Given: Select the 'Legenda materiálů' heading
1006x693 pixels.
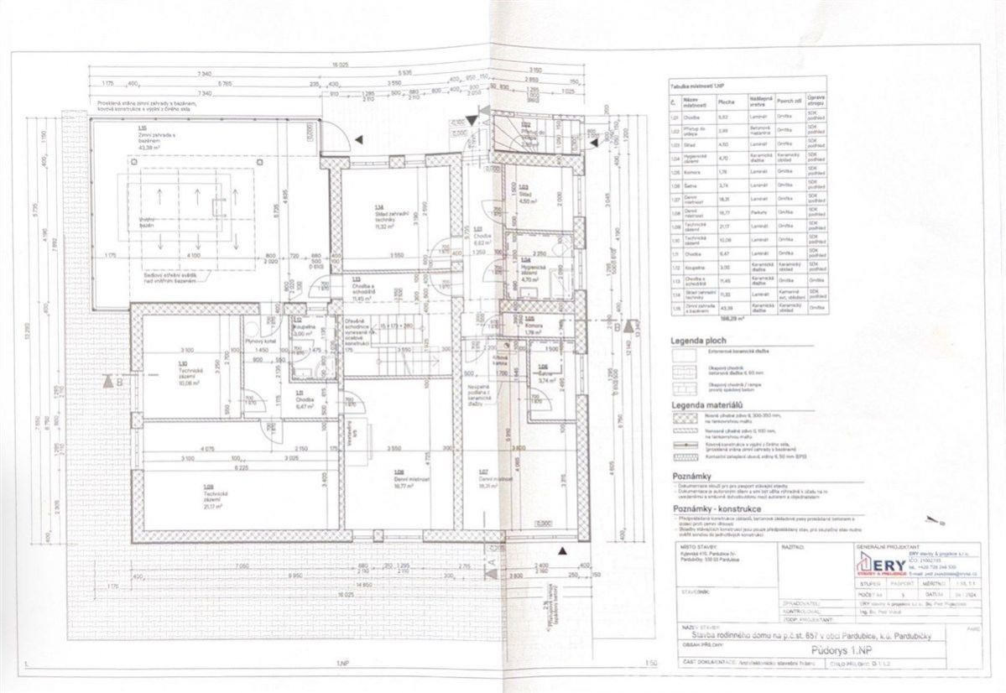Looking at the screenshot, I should tap(705, 405).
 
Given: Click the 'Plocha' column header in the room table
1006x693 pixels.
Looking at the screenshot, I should tap(727, 102).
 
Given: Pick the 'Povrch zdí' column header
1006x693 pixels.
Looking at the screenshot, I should tap(784, 102).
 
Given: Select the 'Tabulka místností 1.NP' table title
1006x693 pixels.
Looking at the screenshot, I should tap(697, 86).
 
